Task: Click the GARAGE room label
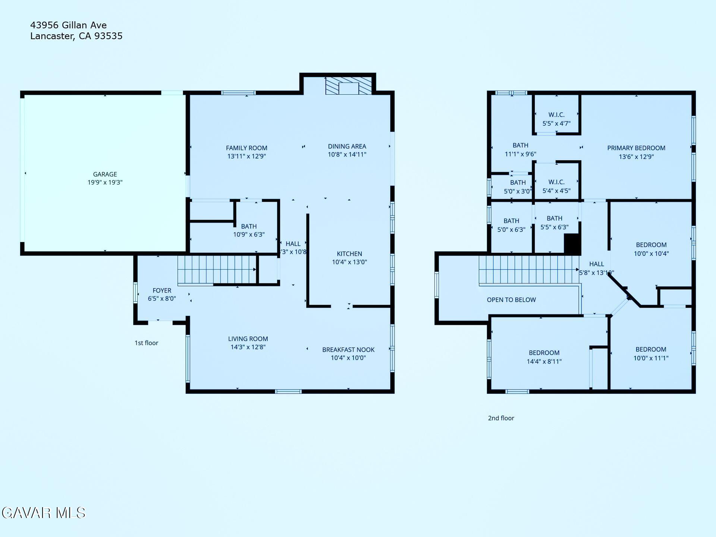pyautogui.click(x=105, y=174)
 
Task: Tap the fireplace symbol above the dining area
pyautogui.click(x=348, y=86)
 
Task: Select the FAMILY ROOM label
pyautogui.click(x=246, y=148)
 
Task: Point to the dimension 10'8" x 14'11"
pyautogui.click(x=347, y=155)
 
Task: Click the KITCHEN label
pyautogui.click(x=349, y=254)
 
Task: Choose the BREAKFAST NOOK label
pyautogui.click(x=348, y=349)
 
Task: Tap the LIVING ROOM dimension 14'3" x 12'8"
pyautogui.click(x=248, y=347)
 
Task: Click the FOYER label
pyautogui.click(x=162, y=291)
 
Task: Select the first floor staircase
pyautogui.click(x=216, y=270)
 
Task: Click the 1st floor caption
pyautogui.click(x=146, y=343)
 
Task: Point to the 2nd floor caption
pyautogui.click(x=501, y=418)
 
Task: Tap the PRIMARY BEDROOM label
pyautogui.click(x=636, y=148)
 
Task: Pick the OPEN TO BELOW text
pyautogui.click(x=511, y=300)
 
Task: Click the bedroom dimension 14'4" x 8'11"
pyautogui.click(x=544, y=361)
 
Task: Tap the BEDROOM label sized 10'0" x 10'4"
pyautogui.click(x=651, y=245)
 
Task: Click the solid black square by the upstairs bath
pyautogui.click(x=572, y=244)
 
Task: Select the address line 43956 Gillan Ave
pyautogui.click(x=68, y=25)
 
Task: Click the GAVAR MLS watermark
pyautogui.click(x=44, y=513)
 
